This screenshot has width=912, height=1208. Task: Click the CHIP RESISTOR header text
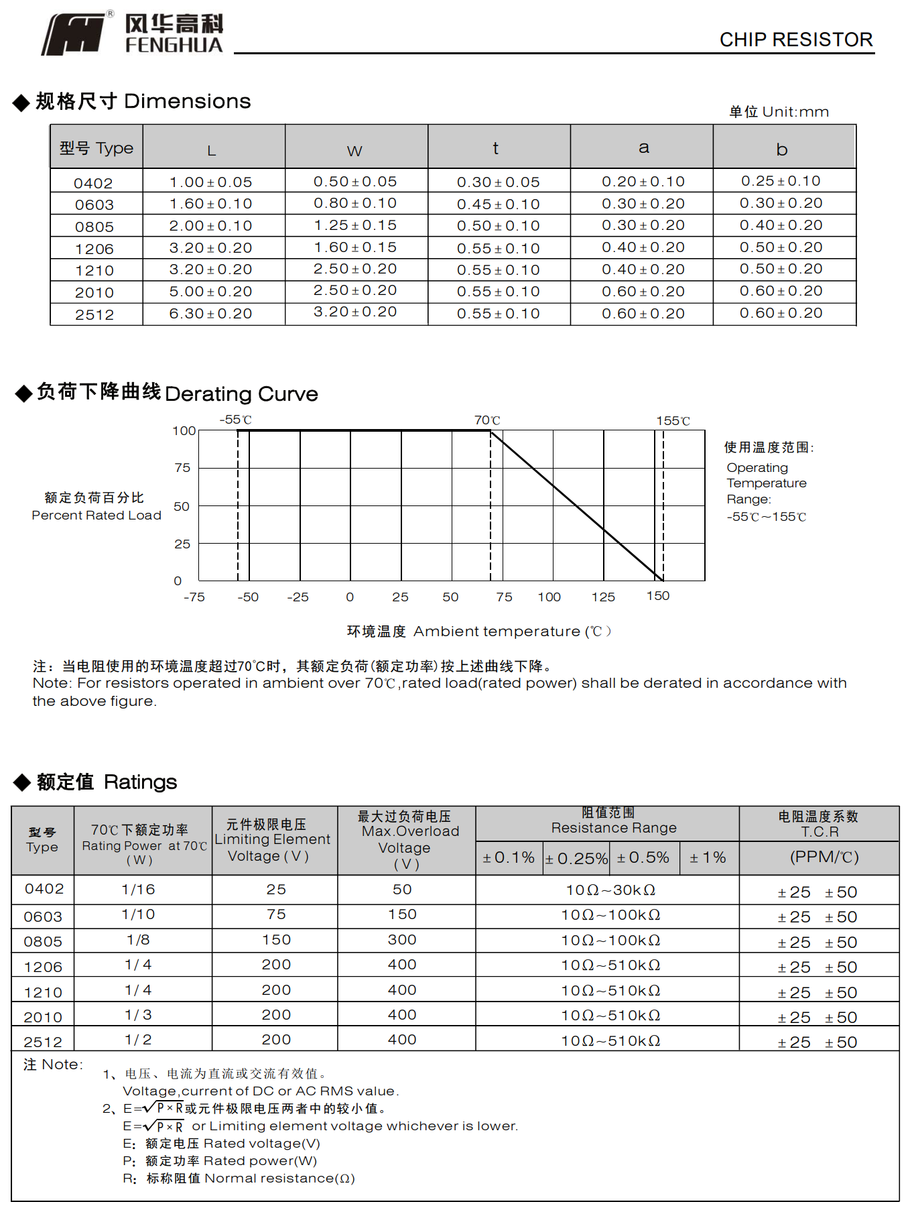tap(795, 40)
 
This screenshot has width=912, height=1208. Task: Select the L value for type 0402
tap(210, 182)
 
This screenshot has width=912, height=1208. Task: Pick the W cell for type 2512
tap(355, 312)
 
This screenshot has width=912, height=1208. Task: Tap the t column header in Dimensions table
tap(496, 148)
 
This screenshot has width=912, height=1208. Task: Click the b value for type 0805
tap(781, 226)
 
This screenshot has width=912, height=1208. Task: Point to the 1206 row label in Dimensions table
tap(94, 249)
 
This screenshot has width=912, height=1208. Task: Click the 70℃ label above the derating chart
tap(487, 420)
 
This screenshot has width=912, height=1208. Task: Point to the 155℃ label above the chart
tap(673, 421)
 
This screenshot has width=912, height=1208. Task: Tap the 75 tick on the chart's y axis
tap(182, 468)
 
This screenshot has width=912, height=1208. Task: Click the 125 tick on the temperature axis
tap(603, 597)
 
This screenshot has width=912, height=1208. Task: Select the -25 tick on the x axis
tap(298, 597)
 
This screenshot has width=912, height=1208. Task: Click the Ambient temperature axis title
tap(478, 631)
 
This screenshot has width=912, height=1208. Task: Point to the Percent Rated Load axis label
tap(96, 515)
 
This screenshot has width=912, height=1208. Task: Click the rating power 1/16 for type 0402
tap(138, 890)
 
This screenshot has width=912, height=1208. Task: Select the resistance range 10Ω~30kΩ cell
tap(610, 890)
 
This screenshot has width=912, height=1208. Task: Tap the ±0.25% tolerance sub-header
tap(576, 859)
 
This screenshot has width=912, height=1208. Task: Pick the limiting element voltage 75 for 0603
tap(276, 914)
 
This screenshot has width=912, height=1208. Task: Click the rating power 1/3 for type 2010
tap(138, 1015)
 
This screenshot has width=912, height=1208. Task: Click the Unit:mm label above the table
tap(779, 112)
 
